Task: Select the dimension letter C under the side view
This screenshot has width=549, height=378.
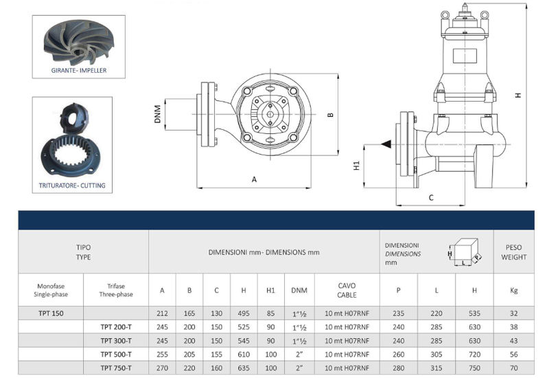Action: tap(431, 198)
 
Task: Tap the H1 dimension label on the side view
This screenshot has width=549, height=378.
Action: tap(355, 166)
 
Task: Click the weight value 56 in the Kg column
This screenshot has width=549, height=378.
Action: tap(513, 354)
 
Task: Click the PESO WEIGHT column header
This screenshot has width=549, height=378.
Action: tap(513, 252)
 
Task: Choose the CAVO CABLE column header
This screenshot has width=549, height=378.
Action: tap(347, 289)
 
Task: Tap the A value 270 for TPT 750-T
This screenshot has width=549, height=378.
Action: tap(162, 367)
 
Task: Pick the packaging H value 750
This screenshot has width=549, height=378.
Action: tap(474, 367)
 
